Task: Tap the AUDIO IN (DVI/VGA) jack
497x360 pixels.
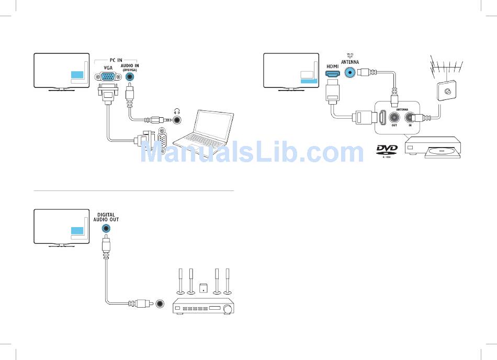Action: tap(130, 77)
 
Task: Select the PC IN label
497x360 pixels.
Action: tap(116, 61)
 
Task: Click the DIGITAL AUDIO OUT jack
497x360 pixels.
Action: tap(107, 228)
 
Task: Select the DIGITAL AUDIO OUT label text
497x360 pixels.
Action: tap(107, 217)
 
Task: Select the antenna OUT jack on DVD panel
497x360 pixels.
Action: tap(393, 118)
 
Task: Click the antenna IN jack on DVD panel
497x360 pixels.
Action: tap(411, 118)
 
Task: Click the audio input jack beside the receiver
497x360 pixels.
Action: tap(160, 303)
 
